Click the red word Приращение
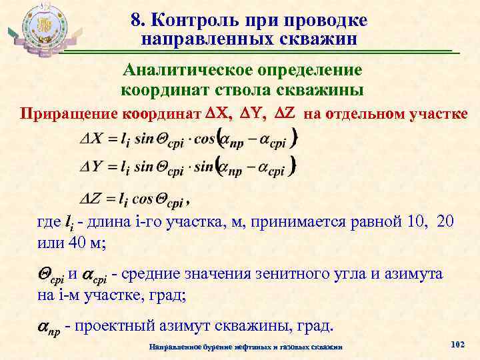[x=69, y=113]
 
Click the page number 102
[x=457, y=344]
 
